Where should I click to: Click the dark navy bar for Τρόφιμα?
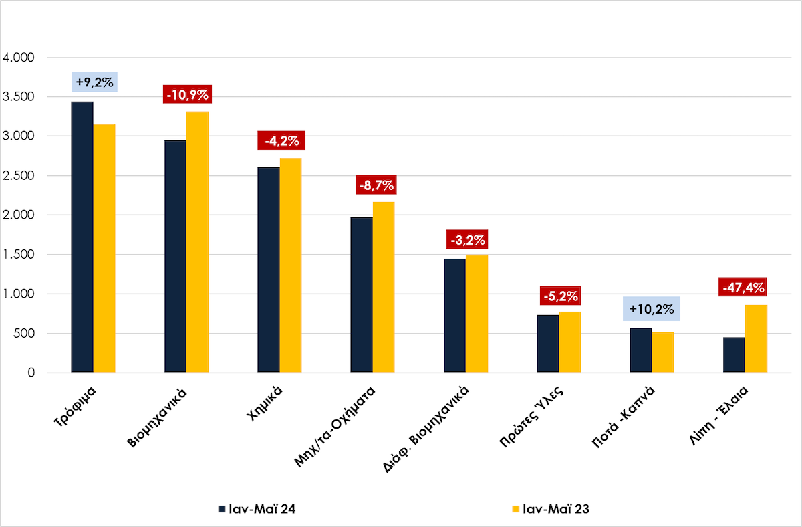click(x=82, y=237)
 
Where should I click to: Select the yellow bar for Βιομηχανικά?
click(x=197, y=241)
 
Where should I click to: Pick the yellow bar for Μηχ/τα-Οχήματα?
click(x=384, y=287)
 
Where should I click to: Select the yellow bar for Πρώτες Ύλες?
click(x=570, y=342)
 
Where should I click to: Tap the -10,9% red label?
click(x=187, y=94)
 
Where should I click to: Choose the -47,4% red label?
click(x=743, y=288)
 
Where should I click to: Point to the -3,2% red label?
click(x=468, y=239)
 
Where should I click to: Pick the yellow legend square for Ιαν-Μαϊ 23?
click(x=515, y=509)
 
